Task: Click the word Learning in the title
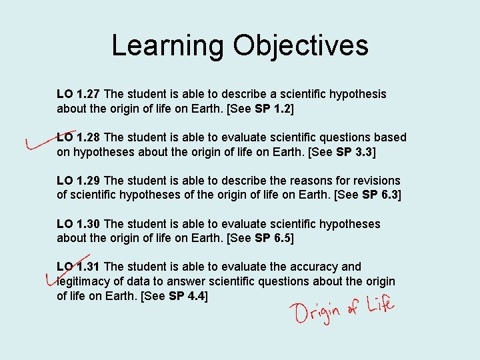pyautogui.click(x=168, y=46)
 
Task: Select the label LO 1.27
pyautogui.click(x=79, y=94)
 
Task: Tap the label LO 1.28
pyautogui.click(x=79, y=137)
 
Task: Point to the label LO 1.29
pyautogui.click(x=79, y=181)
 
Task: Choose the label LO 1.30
pyautogui.click(x=79, y=224)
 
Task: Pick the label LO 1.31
pyautogui.click(x=79, y=267)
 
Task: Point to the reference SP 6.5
pyautogui.click(x=272, y=239)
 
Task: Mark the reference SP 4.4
pyautogui.click(x=187, y=296)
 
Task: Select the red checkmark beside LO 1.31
pyautogui.click(x=63, y=270)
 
